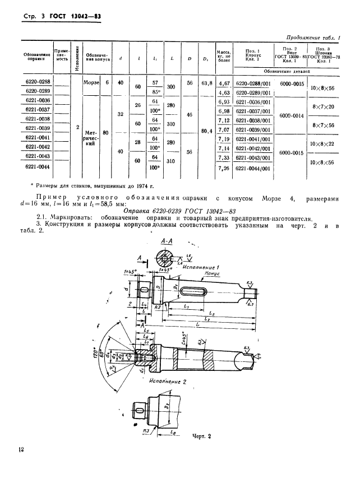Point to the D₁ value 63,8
(x=206, y=82)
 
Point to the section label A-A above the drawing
(x=166, y=240)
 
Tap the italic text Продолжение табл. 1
(x=313, y=37)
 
